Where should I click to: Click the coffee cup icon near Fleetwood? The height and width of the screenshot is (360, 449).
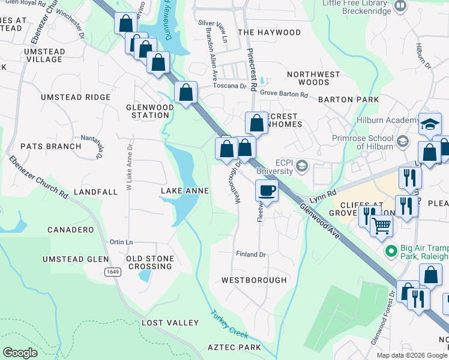coord(267,191)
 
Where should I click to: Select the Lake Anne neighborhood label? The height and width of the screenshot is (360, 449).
coord(185,191)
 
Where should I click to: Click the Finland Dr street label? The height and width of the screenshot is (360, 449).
coord(250,254)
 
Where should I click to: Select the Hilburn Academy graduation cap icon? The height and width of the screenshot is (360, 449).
coord(430,124)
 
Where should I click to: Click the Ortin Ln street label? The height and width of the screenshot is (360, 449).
coord(121,242)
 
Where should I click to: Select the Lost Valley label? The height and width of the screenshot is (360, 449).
coord(170,323)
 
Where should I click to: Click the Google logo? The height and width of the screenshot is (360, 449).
coord(20,353)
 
